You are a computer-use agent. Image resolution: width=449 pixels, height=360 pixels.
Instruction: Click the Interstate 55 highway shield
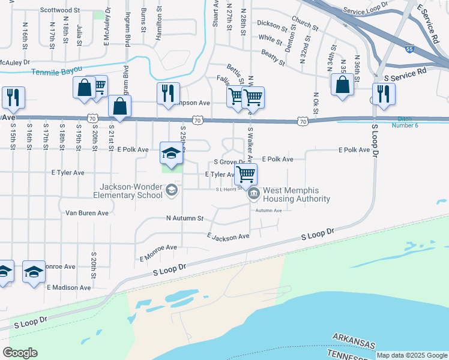[409, 49]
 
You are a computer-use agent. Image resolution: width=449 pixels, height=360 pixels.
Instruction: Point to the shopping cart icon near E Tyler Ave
[245, 174]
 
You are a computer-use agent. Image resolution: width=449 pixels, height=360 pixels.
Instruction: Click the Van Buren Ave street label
[87, 213]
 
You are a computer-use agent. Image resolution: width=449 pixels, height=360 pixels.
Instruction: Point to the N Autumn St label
[185, 219]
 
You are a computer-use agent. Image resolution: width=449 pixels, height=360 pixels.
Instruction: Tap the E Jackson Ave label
[228, 236]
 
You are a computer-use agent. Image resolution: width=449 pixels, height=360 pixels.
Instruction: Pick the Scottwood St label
[60, 10]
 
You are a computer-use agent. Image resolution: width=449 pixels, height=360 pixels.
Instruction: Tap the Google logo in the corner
[20, 352]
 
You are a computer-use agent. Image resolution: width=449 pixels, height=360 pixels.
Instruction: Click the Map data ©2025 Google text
[412, 355]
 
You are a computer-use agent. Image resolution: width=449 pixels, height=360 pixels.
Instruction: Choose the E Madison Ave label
[69, 287]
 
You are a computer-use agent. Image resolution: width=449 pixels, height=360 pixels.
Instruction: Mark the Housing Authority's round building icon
[254, 193]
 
